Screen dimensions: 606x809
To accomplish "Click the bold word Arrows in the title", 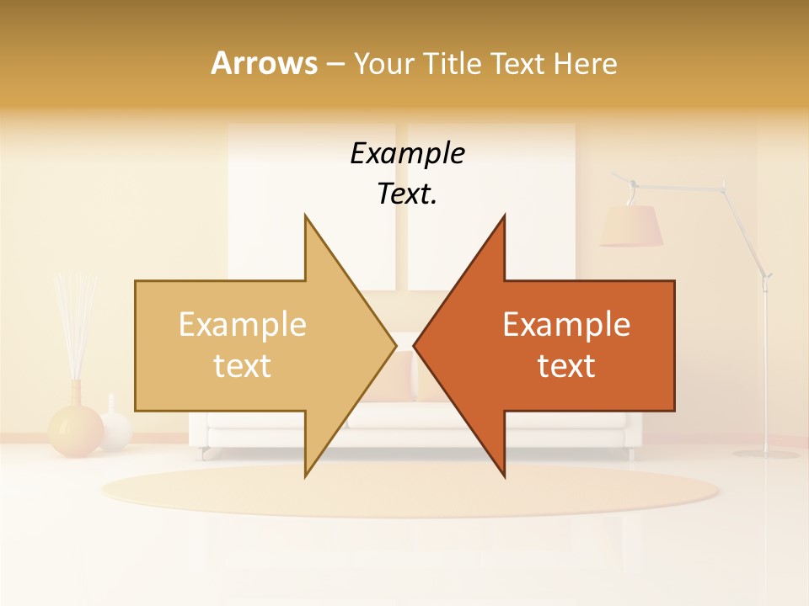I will tap(264, 63).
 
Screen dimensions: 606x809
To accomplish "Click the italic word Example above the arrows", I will tap(407, 154).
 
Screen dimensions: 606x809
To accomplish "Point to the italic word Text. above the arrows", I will tap(407, 194).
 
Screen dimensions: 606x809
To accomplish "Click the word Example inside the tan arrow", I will tap(242, 325).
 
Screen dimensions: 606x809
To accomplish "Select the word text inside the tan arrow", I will tap(242, 366).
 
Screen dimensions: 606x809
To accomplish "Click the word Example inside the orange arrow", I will tap(566, 325).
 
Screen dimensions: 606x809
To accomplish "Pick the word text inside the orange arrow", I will tap(566, 366).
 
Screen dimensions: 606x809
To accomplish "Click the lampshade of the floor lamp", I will tap(631, 226).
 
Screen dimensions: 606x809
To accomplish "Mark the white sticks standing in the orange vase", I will tap(74, 324).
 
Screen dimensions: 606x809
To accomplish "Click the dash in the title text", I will tap(334, 64).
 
